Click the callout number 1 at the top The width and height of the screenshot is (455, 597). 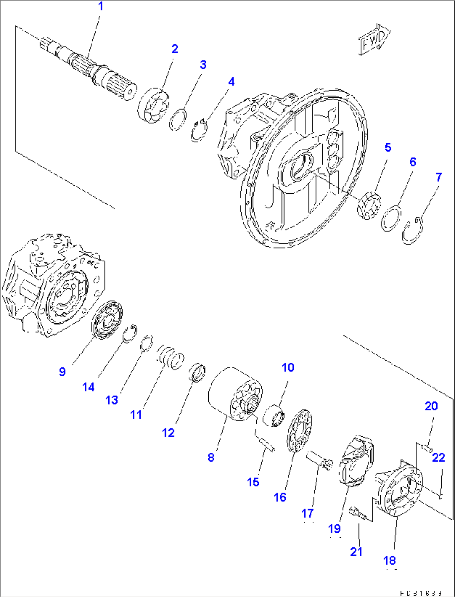(100, 6)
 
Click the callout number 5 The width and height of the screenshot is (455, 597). (388, 147)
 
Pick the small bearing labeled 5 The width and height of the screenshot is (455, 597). (369, 205)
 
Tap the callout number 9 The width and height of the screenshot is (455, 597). (62, 372)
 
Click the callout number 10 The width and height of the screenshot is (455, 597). (288, 367)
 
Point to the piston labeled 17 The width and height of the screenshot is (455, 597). (319, 460)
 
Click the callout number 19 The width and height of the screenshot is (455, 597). (334, 529)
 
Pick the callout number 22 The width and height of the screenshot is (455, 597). (438, 458)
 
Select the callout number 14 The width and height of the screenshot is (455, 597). (88, 387)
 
